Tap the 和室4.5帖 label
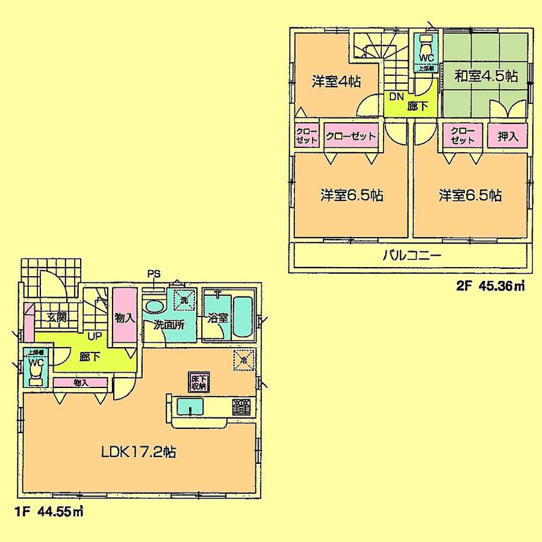(x=486, y=76)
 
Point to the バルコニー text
(x=413, y=255)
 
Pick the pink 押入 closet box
(x=508, y=136)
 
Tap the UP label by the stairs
(x=94, y=336)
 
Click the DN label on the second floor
(x=395, y=97)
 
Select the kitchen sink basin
(x=192, y=408)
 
